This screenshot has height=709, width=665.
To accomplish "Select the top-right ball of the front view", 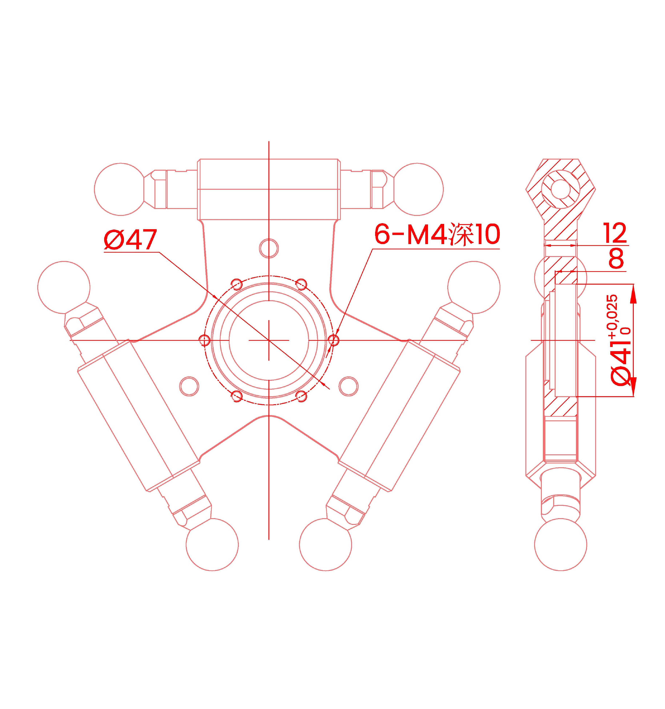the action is [417, 189].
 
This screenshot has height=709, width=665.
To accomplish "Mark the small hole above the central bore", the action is [269, 248].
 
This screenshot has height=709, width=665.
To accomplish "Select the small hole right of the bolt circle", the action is [348, 386].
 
